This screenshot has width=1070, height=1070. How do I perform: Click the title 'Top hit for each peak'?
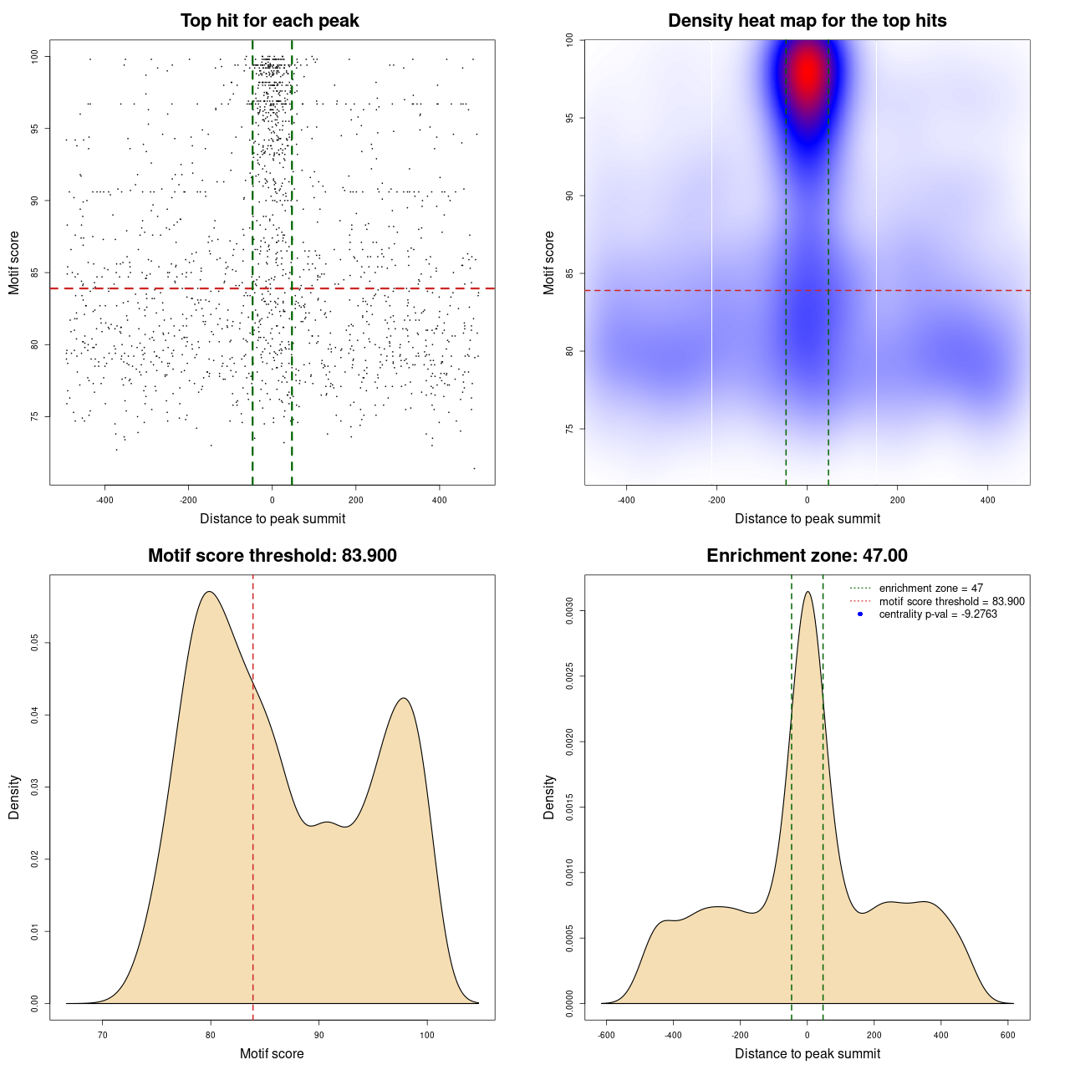coord(269,21)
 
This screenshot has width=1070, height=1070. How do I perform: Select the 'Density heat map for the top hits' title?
coord(807,21)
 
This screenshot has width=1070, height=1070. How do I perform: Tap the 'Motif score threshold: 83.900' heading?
coord(272,556)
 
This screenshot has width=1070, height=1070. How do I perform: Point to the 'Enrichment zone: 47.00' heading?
coord(807,556)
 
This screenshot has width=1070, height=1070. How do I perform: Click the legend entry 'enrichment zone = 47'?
coord(930,588)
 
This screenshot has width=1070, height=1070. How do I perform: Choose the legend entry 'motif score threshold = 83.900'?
coord(951,601)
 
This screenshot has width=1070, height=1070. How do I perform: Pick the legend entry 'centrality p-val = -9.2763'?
coord(938,614)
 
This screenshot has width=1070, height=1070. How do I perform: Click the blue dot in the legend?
coord(860,614)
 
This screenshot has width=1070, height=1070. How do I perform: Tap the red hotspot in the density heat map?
coord(808,74)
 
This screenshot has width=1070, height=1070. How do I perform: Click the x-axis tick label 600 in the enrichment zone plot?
coord(1008,1035)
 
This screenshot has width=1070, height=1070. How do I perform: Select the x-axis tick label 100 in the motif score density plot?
coord(427,1035)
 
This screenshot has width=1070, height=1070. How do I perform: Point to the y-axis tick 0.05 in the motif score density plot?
coord(34,642)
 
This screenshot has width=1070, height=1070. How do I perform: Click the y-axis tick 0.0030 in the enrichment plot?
coord(569,611)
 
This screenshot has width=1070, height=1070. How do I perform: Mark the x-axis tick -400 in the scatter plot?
coord(104,500)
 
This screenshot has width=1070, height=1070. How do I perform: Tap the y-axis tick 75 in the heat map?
coord(569,429)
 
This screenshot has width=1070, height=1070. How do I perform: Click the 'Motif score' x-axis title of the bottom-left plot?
coord(272,1053)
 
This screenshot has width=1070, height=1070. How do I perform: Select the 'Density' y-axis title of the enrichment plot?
coord(549,797)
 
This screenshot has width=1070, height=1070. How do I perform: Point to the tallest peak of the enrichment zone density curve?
coord(808,593)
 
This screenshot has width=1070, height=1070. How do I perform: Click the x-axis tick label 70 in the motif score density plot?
coord(103,1035)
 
